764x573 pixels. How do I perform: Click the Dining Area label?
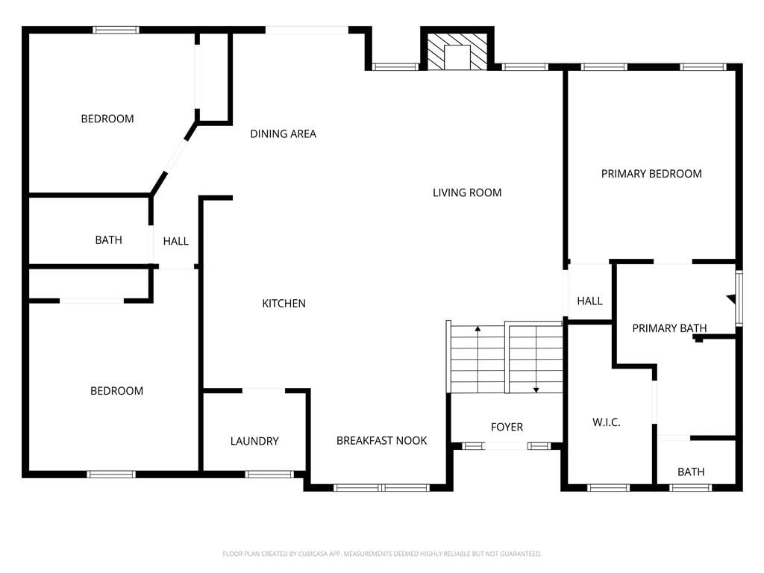pos(283,134)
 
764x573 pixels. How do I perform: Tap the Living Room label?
pos(467,192)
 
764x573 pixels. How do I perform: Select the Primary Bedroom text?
pos(651,173)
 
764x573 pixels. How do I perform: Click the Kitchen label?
pos(284,303)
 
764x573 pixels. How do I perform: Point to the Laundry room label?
pos(254,441)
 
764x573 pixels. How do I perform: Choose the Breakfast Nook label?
pos(381,440)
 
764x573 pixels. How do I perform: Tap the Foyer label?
pos(507,427)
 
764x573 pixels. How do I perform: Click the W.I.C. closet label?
pos(606,422)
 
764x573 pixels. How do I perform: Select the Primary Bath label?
pos(669,328)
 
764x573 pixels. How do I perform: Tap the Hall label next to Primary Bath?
pos(589,301)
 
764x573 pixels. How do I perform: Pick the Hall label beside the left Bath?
pos(175,241)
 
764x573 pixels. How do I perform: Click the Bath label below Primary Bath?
pos(691,472)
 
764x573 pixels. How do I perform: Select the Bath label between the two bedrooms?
pos(108,239)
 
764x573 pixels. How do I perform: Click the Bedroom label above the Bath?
pos(107,119)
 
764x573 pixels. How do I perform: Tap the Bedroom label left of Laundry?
pos(116,391)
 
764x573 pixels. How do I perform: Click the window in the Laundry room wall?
pos(269,474)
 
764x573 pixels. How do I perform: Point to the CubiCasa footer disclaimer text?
pos(381,554)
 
